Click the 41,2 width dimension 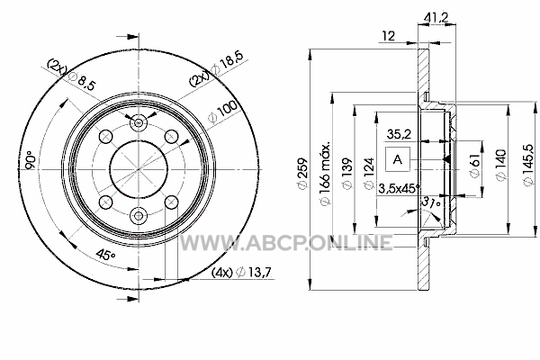[x=436, y=18]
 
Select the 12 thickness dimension [x=389, y=36]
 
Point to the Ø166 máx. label [x=326, y=173]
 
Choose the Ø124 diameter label [x=368, y=174]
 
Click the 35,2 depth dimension [x=399, y=134]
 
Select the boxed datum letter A [x=398, y=159]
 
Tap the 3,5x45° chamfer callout [x=400, y=188]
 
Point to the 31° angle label [x=431, y=202]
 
